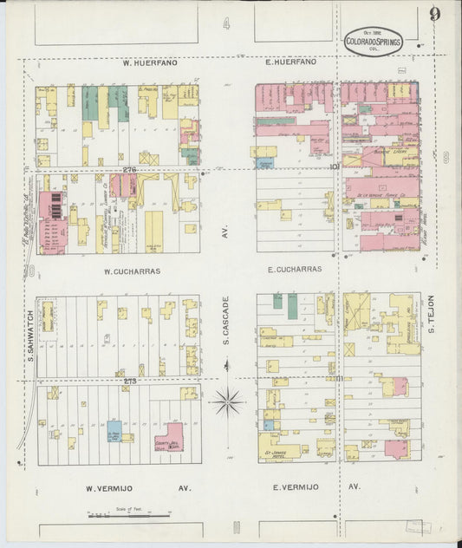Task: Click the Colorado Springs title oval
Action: coord(374,41)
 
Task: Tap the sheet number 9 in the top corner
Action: coord(433,14)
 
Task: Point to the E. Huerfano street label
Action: coord(290,62)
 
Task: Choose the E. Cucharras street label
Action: coord(294,270)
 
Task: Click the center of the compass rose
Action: coord(227,401)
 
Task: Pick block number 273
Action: coord(130,381)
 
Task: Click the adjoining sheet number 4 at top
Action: coord(226,24)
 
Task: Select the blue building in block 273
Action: coord(114,431)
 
